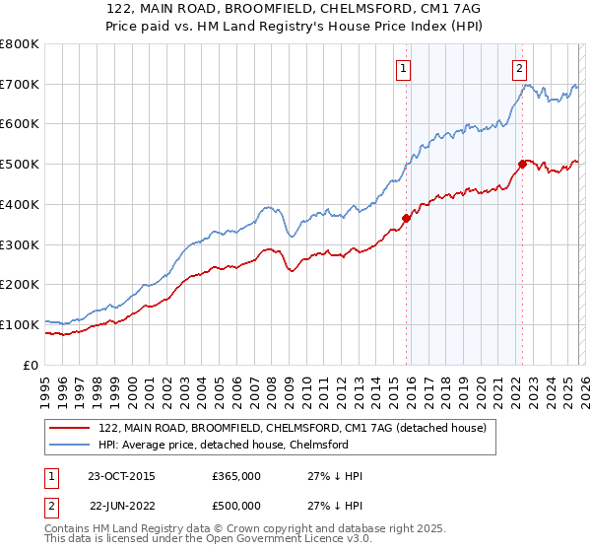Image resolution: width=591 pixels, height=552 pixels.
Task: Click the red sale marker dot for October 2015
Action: tap(406, 218)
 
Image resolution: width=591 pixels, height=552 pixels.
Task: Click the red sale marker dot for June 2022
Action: tap(522, 164)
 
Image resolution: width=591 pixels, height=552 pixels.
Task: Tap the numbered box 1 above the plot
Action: tap(405, 68)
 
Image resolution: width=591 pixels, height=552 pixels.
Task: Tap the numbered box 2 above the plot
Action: tap(519, 68)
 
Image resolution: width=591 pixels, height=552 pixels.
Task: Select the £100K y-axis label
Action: tap(20, 324)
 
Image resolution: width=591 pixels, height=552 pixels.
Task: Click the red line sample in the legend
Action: tap(70, 429)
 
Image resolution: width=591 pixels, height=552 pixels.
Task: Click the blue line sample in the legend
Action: tap(70, 446)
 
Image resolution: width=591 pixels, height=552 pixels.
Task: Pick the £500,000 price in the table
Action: tap(236, 507)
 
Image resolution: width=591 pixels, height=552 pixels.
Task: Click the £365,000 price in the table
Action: tap(236, 476)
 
